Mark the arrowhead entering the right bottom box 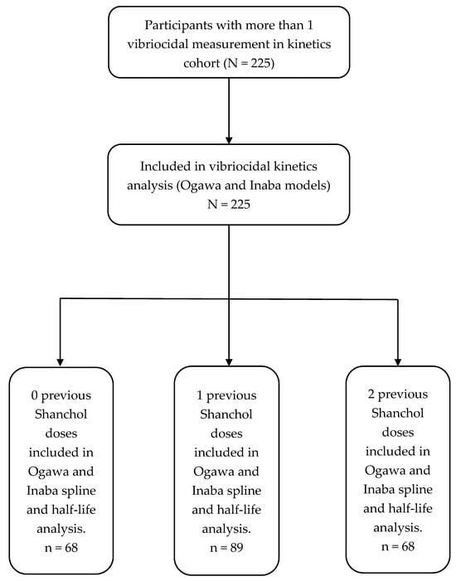pos(397,358)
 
